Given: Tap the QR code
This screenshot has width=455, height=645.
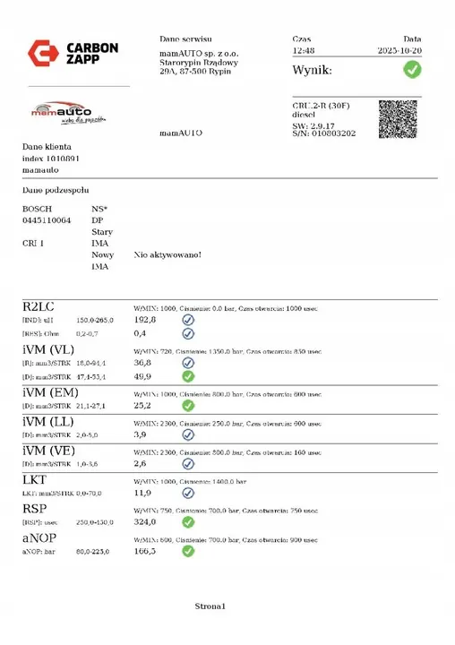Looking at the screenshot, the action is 398,118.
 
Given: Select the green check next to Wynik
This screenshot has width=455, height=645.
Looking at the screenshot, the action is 411,70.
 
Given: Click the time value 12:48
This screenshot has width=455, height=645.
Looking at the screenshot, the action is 305,52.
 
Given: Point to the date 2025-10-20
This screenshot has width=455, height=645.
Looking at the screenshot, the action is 399,52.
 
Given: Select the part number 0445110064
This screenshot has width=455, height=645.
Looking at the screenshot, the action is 47,219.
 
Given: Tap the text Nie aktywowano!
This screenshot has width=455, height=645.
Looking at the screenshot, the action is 167,254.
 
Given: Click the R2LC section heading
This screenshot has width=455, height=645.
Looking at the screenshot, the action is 39,306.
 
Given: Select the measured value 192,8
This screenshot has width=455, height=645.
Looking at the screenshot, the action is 144,319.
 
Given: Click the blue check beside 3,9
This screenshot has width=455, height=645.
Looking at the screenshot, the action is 188,434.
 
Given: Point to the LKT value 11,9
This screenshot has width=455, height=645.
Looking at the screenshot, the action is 142,492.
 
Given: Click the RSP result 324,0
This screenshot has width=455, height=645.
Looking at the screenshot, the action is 144,521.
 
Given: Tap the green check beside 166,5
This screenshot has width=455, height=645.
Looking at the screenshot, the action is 188,551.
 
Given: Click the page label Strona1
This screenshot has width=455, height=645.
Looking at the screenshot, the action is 212,607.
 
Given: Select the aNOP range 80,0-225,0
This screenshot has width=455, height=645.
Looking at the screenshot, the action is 93,552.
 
